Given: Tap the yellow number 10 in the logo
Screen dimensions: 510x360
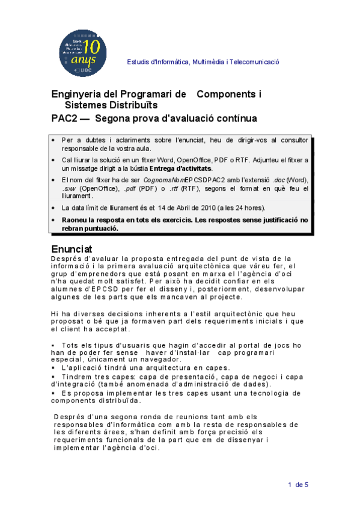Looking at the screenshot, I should pyautogui.click(x=93, y=46).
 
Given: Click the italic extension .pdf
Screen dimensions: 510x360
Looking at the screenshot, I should pyautogui.click(x=130, y=189).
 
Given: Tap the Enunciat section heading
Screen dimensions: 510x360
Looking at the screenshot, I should pyautogui.click(x=72, y=248).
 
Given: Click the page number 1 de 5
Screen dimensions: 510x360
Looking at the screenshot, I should pyautogui.click(x=297, y=485).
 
